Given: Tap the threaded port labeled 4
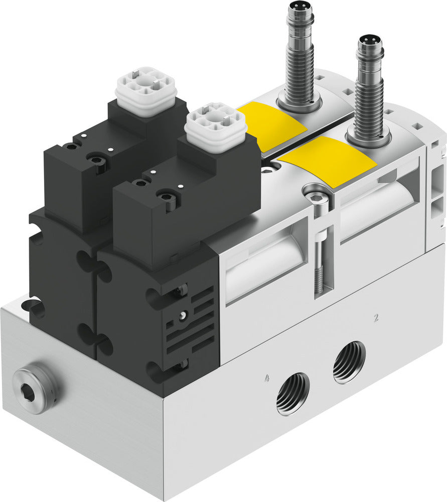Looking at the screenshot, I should pos(292,394).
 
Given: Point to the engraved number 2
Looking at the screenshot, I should pos(376,317).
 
